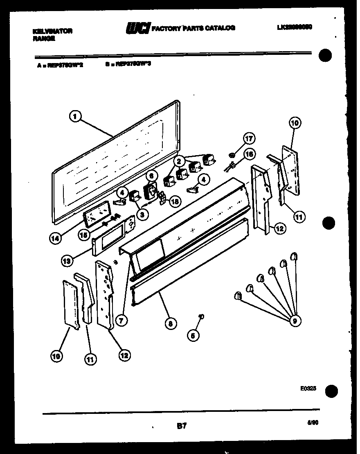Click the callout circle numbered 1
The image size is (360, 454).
pyautogui.click(x=74, y=117)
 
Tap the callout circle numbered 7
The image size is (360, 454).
pyautogui.click(x=120, y=321)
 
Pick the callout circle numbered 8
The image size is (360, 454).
pyautogui.click(x=170, y=323)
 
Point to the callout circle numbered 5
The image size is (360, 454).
pyautogui.click(x=193, y=335)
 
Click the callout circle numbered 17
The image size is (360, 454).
pyautogui.click(x=249, y=138)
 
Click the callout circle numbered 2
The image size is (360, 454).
pyautogui.click(x=178, y=161)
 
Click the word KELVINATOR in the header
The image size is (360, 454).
pyautogui.click(x=52, y=31)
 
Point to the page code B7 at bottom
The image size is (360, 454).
pyautogui.click(x=182, y=426)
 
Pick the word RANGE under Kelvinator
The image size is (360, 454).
pyautogui.click(x=43, y=39)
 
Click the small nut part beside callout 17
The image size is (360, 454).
pyautogui.click(x=232, y=155)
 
